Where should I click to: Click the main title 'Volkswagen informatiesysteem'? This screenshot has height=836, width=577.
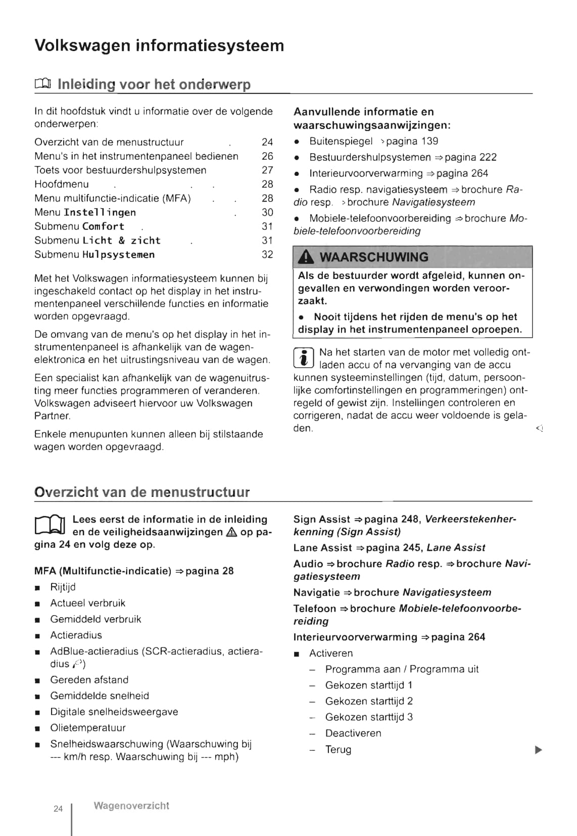tap(159, 45)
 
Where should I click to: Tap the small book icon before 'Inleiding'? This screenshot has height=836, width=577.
tap(42, 84)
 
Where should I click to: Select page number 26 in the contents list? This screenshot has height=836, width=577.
tap(267, 156)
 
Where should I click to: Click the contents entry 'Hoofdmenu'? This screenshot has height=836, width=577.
tap(62, 184)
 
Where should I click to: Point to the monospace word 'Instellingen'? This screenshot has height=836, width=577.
tap(100, 213)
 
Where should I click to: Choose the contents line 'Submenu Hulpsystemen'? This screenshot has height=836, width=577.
tap(94, 255)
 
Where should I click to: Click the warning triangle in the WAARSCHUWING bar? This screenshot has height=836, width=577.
tap(306, 257)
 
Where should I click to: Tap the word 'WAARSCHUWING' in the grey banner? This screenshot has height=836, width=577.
tap(374, 257)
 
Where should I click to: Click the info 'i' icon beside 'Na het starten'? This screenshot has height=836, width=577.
tap(304, 358)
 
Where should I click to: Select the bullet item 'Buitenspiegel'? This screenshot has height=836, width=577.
tap(341, 142)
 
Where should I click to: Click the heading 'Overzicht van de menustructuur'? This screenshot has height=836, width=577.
tap(142, 492)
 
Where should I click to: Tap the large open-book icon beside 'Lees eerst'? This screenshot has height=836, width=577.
tap(50, 526)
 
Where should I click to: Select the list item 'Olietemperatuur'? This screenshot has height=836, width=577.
tap(88, 728)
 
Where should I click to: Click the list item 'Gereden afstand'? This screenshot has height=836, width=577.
tap(89, 680)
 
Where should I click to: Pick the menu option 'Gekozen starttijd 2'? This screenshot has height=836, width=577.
tap(369, 701)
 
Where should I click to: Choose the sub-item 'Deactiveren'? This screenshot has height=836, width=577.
tap(353, 733)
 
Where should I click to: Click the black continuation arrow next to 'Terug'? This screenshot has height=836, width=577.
tap(538, 750)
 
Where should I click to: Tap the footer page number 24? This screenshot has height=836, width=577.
tap(58, 809)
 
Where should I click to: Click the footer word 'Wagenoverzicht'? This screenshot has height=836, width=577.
tap(131, 806)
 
